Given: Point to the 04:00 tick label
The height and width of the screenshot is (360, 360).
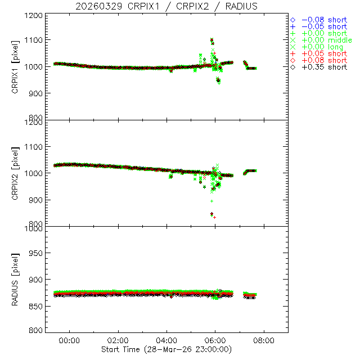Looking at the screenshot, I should (166, 340).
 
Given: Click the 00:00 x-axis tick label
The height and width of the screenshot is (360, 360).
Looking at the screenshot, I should (69, 340).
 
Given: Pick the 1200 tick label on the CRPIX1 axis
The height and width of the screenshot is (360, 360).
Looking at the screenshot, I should (35, 15).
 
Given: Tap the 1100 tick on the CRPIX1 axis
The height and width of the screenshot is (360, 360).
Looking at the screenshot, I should (35, 40).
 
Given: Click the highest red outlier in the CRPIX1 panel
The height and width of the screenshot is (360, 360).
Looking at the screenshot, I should (211, 40).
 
